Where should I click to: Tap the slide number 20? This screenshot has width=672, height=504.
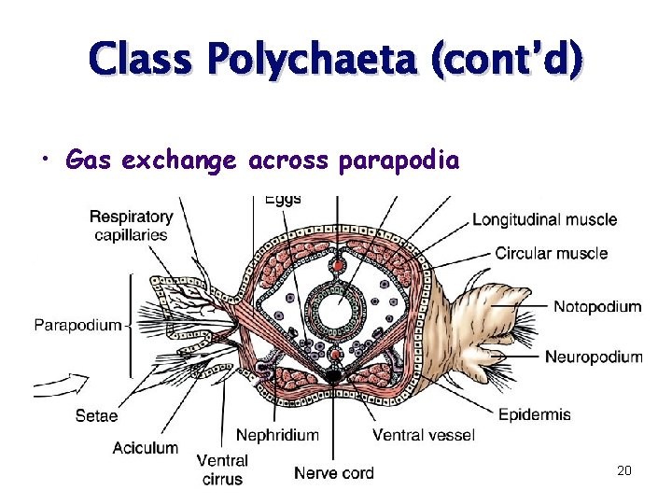pos(624,470)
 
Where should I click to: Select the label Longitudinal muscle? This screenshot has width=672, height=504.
pos(544,219)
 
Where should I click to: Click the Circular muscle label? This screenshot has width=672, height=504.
pos(551,253)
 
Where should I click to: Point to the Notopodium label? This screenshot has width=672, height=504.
pos(597,306)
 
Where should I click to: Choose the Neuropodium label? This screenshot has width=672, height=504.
pos(594,357)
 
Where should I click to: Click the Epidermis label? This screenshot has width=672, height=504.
pos(535,413)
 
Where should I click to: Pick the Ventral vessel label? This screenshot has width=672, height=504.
pos(424,435)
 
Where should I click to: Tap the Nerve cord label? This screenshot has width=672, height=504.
pos(334,473)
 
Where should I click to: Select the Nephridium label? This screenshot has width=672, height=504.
pos(277,435)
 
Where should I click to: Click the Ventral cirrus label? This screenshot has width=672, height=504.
pos(222,469)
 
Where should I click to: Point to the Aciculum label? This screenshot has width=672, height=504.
pos(146,448)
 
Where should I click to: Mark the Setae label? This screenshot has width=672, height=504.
pos(97,416)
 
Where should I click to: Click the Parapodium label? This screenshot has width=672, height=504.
pos(78,325)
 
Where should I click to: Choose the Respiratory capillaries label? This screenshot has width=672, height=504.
pos(131,226)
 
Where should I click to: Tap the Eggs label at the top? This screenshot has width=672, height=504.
pos(283,200)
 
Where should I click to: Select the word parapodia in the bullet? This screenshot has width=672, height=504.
pos(399,161)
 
